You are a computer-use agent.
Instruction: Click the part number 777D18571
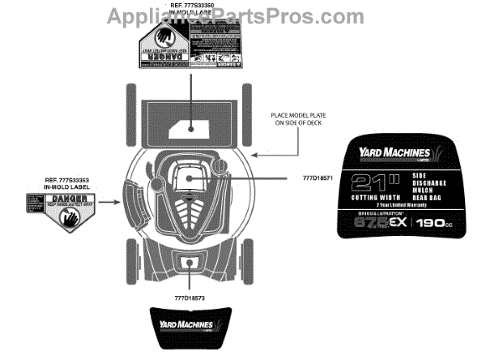coord(320,176)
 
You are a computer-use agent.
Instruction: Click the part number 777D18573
coord(191,298)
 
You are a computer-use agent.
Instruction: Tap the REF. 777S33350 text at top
coord(189,6)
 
